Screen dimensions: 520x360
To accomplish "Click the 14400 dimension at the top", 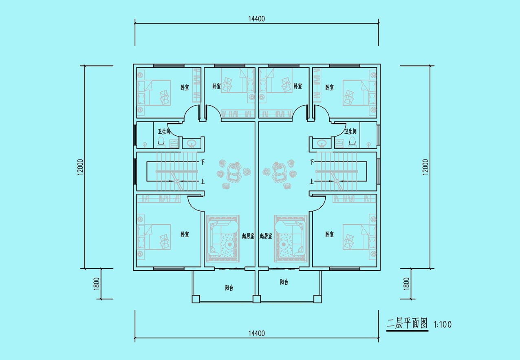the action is (256, 19).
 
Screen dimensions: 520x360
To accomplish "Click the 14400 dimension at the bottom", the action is (256, 333).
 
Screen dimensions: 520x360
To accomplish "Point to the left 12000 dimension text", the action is (80, 167).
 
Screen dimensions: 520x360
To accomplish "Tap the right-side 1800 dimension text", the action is (406, 284).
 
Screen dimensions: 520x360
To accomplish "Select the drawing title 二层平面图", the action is (407, 323).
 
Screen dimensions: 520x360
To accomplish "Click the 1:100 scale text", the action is (443, 325).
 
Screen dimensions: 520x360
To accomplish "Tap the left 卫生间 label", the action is (164, 132).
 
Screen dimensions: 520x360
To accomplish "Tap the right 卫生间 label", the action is (350, 131).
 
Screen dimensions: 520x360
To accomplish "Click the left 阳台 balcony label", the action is (229, 288).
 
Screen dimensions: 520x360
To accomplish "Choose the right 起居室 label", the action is (266, 236).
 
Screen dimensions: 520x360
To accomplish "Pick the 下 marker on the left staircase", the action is (203, 162).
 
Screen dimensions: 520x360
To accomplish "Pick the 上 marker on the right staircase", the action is (311, 181).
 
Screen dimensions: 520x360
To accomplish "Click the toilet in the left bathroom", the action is (161, 142).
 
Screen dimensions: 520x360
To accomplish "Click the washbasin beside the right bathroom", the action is (322, 144).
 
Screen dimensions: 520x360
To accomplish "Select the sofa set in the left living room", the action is (223, 239).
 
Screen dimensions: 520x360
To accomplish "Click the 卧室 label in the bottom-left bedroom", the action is (185, 234).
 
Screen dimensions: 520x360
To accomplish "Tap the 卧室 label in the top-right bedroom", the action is (329, 87).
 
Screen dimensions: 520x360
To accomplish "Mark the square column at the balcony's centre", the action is (256, 299).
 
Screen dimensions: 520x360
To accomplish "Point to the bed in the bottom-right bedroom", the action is (359, 237).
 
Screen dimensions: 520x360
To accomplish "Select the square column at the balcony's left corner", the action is (196, 299).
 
